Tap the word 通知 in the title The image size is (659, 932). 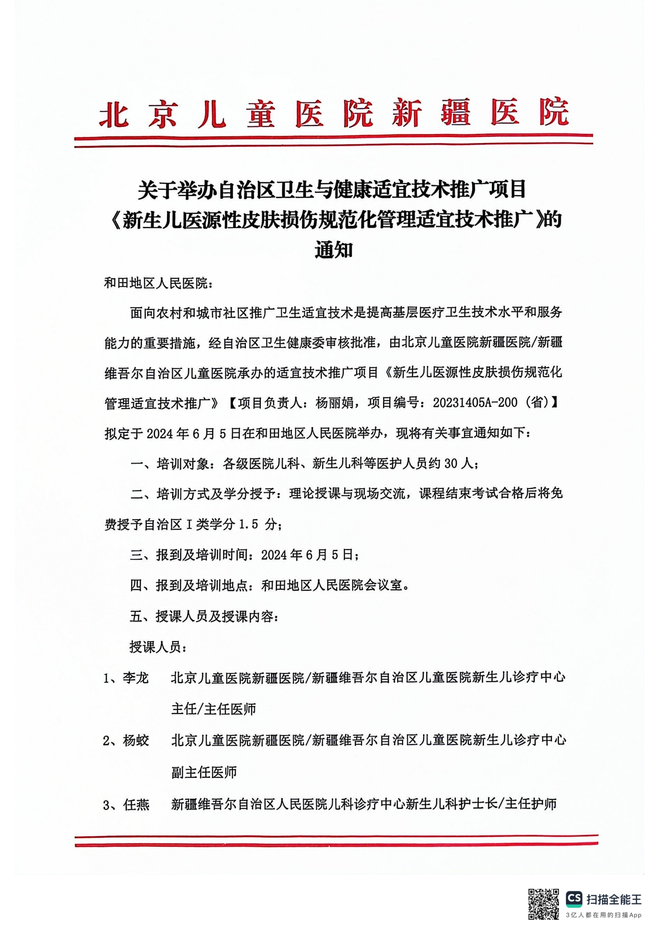[x=333, y=250]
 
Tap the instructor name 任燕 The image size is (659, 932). [x=136, y=804]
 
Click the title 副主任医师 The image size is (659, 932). [x=204, y=773]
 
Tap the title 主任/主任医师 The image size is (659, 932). [x=214, y=709]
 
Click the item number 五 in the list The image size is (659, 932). [x=136, y=616]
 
